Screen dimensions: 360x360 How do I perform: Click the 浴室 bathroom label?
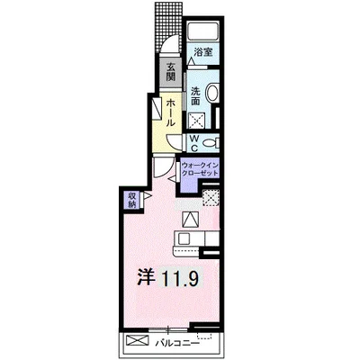click(x=203, y=52)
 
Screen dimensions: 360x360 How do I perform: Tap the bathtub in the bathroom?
click(x=202, y=31)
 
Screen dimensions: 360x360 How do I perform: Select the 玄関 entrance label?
click(x=170, y=72)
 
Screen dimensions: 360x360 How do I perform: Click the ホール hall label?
click(x=170, y=113)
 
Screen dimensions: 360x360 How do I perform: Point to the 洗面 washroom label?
click(x=195, y=95)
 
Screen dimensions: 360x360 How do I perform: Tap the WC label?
click(x=194, y=143)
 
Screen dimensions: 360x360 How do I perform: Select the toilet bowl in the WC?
click(x=211, y=143)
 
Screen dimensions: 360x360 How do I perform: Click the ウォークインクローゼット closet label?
click(x=200, y=169)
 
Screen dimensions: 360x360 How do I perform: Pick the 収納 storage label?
click(x=132, y=201)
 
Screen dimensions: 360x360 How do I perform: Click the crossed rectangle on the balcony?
click(x=138, y=340)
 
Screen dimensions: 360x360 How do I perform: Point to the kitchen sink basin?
click(x=184, y=239)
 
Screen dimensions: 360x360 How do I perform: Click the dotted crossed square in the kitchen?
click(x=211, y=198)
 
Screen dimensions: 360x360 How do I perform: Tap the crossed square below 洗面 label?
click(x=197, y=121)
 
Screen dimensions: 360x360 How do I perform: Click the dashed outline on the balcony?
click(x=204, y=336)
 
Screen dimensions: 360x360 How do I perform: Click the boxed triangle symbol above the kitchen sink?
click(x=191, y=219)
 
